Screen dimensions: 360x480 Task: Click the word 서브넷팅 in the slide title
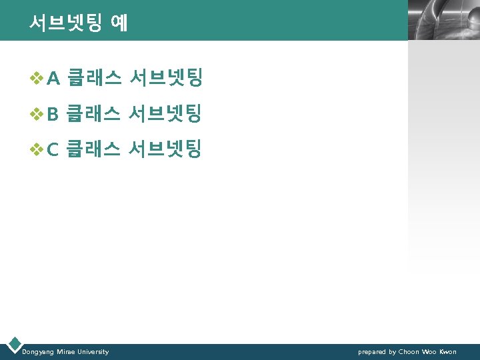coord(65,23)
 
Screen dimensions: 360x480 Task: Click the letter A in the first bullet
coord(55,80)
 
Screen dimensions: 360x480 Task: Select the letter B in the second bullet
coord(54,115)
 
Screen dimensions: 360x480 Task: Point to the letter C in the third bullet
coord(54,149)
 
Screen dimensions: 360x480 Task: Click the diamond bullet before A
coord(38,80)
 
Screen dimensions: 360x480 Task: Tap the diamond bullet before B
coord(38,115)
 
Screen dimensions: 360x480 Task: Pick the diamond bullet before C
coord(38,149)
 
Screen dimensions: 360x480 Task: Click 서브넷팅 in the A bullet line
coord(166,79)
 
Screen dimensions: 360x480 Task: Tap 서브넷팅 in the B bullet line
coord(166,114)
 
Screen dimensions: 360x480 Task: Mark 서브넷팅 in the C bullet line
coord(166,149)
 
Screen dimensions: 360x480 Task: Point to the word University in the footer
coord(93,351)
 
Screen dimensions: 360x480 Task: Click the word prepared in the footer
coord(372,352)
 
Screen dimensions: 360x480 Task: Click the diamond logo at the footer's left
coord(14,344)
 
